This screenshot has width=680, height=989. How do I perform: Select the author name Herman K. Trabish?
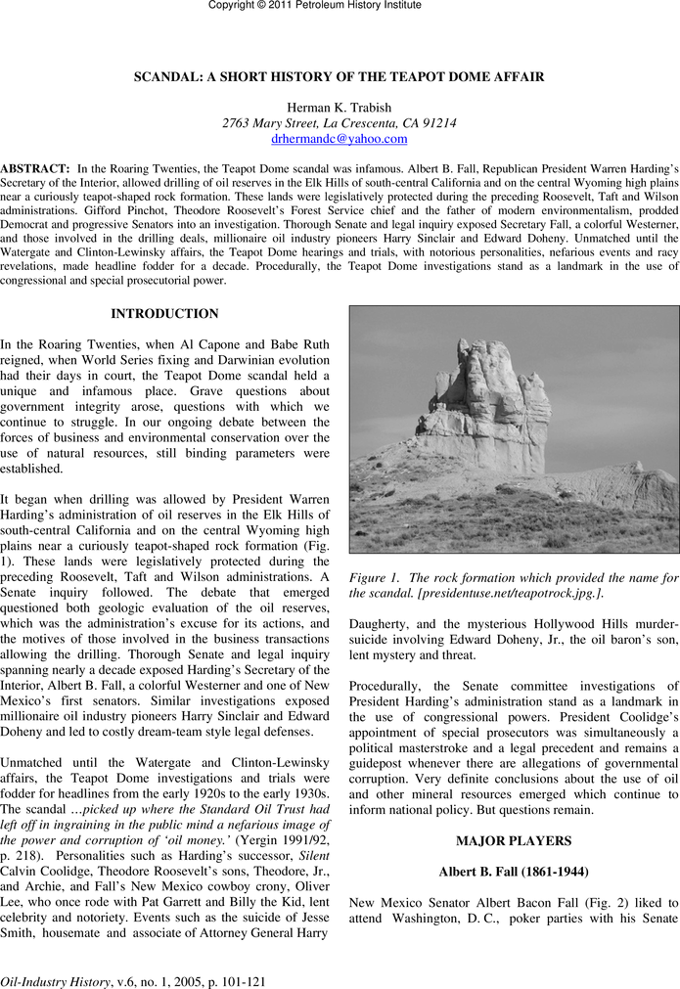[340, 107]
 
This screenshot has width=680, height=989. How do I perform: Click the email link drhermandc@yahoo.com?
[340, 139]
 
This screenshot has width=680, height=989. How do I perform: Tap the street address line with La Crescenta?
[340, 123]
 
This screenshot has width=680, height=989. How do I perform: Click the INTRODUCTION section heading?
[164, 314]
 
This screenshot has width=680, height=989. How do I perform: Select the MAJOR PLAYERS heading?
[514, 840]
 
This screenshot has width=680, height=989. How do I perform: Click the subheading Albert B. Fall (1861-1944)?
[514, 873]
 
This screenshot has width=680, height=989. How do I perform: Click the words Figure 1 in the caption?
[374, 578]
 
